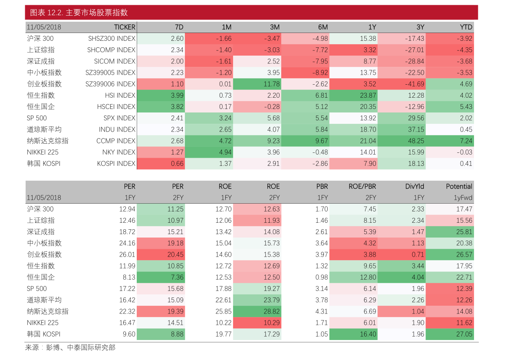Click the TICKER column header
coord(125,27)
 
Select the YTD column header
coord(466,27)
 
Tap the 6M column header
coord(323,27)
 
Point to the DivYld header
coord(415,186)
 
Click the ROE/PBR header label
coord(362,186)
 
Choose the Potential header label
coord(459,186)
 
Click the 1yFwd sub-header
coord(463,198)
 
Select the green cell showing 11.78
coord(257,84)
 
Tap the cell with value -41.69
coord(402,84)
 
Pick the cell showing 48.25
coord(402,141)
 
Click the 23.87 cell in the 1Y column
coord(353,95)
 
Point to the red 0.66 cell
coord(161,163)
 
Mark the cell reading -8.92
coord(305,73)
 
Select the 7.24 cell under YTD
coord(450,141)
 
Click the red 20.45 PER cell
coord(161,254)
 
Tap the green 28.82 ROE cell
coord(257,311)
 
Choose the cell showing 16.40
coord(353,334)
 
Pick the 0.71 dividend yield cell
coord(402,254)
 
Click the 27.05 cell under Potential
coord(450,334)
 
